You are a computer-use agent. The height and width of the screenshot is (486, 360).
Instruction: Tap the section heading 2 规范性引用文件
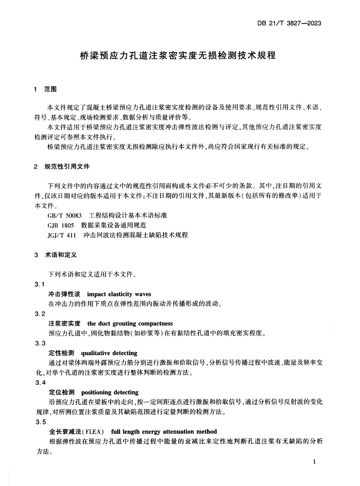click(62, 167)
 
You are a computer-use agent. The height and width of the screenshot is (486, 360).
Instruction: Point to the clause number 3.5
click(40, 422)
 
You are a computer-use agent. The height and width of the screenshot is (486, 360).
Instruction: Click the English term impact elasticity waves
click(118, 294)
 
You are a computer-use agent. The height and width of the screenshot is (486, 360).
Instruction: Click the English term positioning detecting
click(110, 392)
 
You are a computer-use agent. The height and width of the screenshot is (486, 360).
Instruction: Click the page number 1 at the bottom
click(315, 461)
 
